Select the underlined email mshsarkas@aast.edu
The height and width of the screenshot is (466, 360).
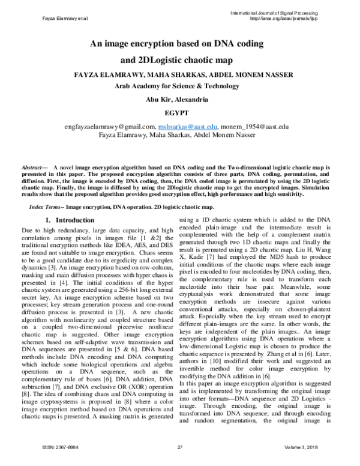pyautogui.click(x=187, y=127)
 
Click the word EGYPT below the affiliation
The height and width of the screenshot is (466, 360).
pyautogui.click(x=179, y=112)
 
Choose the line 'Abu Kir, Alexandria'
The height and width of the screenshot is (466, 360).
pyautogui.click(x=179, y=98)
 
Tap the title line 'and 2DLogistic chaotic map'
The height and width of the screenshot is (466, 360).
pyautogui.click(x=179, y=60)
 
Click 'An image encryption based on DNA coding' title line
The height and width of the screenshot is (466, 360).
pyautogui.click(x=179, y=44)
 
